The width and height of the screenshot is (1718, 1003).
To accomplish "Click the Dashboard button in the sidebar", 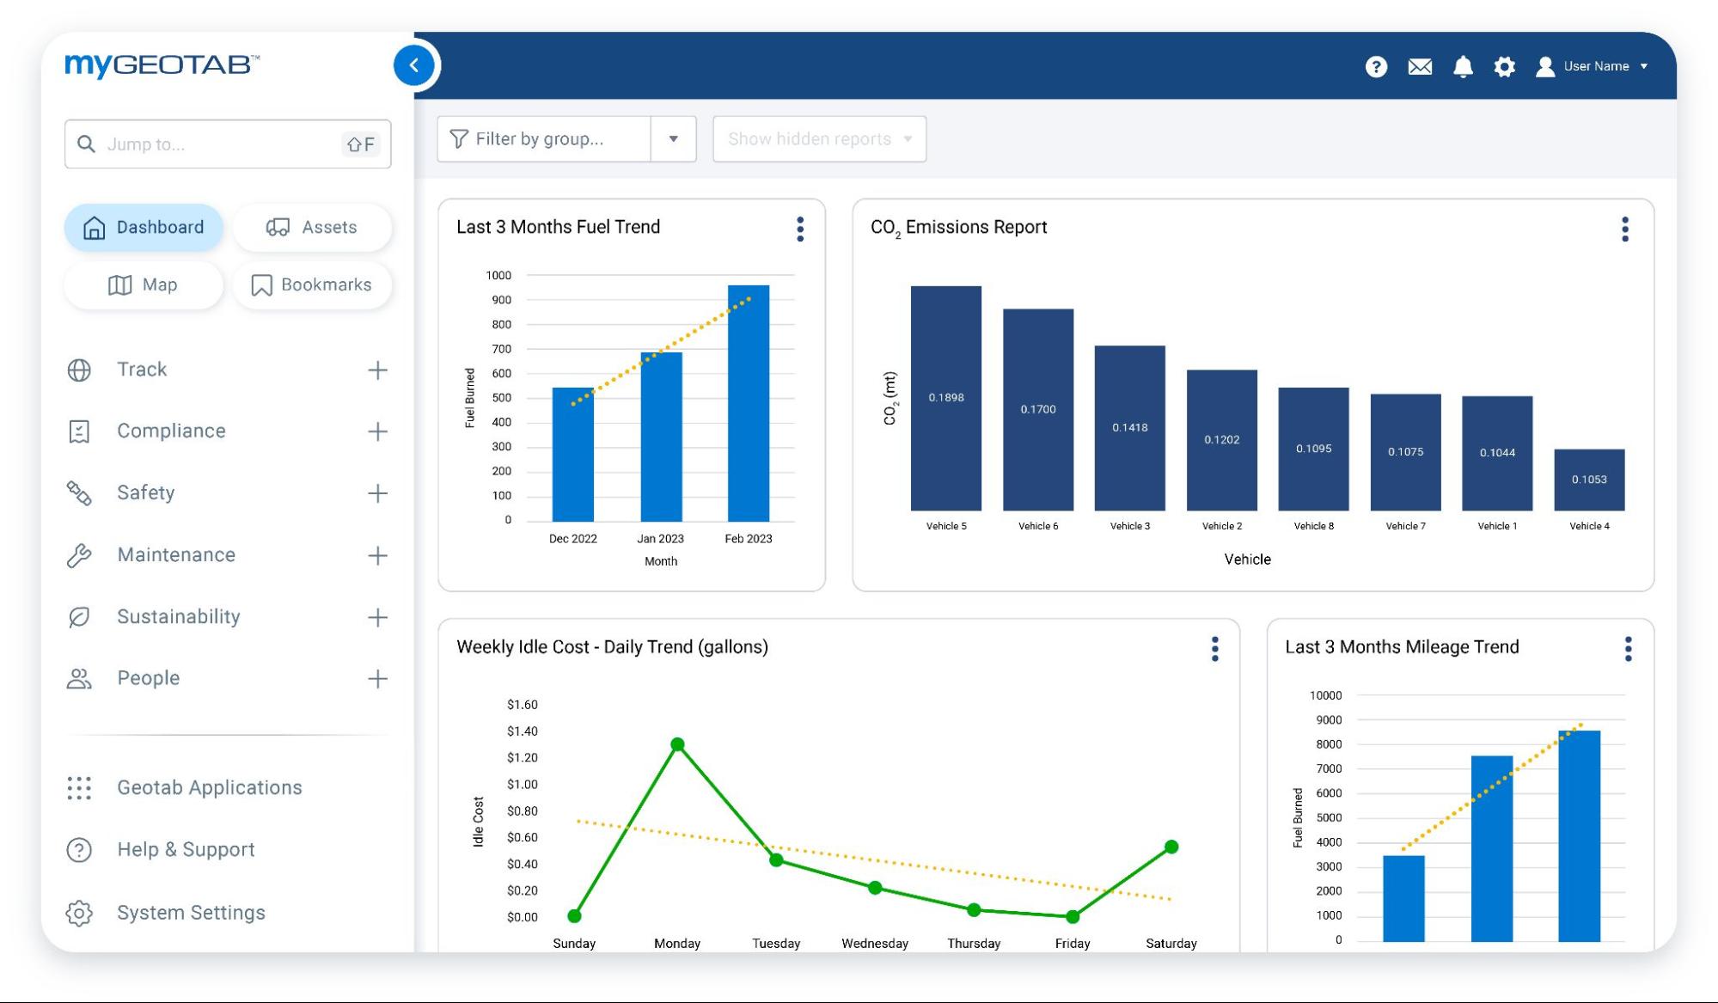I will point(144,227).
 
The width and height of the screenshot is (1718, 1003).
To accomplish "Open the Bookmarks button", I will point(312,284).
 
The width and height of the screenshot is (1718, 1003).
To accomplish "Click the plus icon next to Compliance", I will point(377,431).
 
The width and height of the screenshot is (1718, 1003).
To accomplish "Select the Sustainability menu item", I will point(178,616).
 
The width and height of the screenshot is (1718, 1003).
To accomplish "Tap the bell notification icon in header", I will point(1463,66).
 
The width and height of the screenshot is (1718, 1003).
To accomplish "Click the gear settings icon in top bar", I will point(1504,66).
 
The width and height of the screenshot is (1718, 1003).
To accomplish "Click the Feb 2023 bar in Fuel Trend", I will point(748,404).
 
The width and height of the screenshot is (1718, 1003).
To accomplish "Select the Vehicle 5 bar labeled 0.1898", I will point(945,398).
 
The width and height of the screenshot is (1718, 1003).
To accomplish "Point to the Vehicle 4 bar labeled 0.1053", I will point(1589,480).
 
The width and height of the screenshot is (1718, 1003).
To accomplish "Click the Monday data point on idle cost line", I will point(677,744).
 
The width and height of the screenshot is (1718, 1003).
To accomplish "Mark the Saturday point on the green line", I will point(1171,847).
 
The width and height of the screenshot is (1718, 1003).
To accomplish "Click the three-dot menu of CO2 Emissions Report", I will point(1624,229).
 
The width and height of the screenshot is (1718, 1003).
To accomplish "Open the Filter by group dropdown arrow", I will point(674,139).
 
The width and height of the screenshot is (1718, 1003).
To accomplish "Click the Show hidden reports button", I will point(819,139).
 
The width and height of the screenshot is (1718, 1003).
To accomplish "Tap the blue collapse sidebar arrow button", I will point(414,65).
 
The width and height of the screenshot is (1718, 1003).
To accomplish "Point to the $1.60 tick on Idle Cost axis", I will point(522,705).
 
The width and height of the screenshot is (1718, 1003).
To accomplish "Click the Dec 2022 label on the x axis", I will point(572,539).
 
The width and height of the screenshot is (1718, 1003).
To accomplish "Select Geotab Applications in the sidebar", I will point(209,787).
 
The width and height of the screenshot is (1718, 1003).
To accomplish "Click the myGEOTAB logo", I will point(162,64).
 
